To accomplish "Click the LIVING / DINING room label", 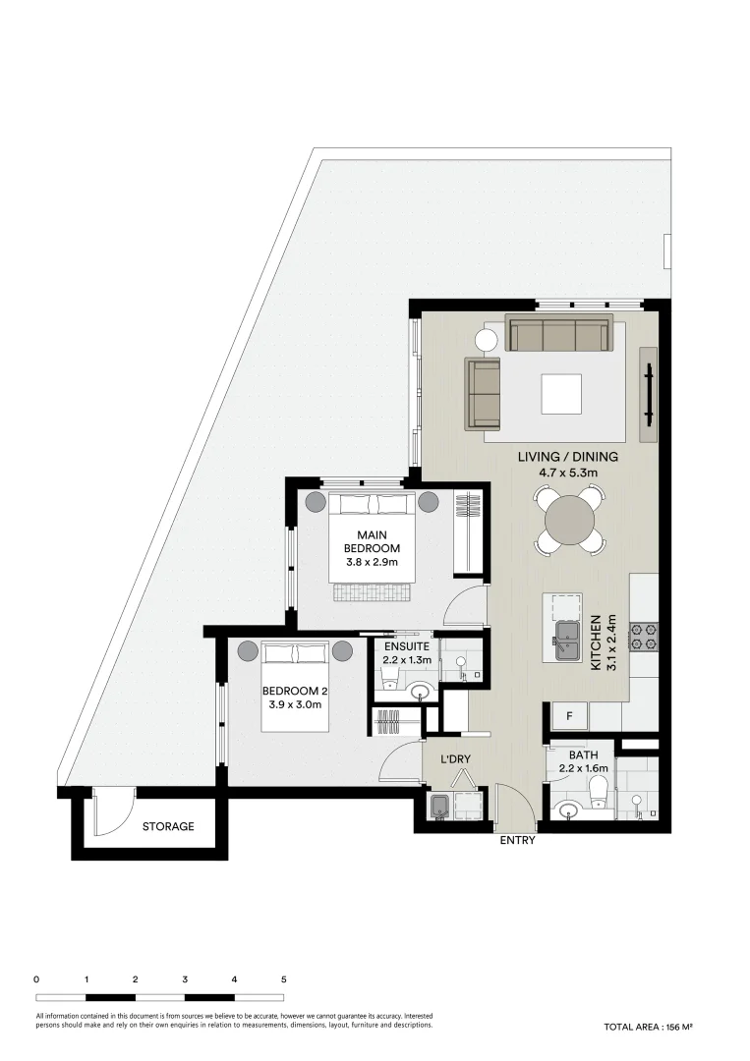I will (568, 457).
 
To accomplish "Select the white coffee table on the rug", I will (560, 394).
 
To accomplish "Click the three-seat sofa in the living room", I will (557, 335).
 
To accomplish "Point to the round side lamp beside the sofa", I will (488, 341).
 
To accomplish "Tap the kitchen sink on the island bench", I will (566, 641).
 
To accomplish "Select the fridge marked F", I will (568, 715).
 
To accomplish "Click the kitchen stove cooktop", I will (644, 637).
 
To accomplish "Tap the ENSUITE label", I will (406, 647).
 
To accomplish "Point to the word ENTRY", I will (518, 841).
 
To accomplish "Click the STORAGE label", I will (168, 826).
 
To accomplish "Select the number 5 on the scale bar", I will (284, 979).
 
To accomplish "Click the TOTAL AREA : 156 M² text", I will (649, 1027).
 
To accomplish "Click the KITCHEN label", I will (596, 643).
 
